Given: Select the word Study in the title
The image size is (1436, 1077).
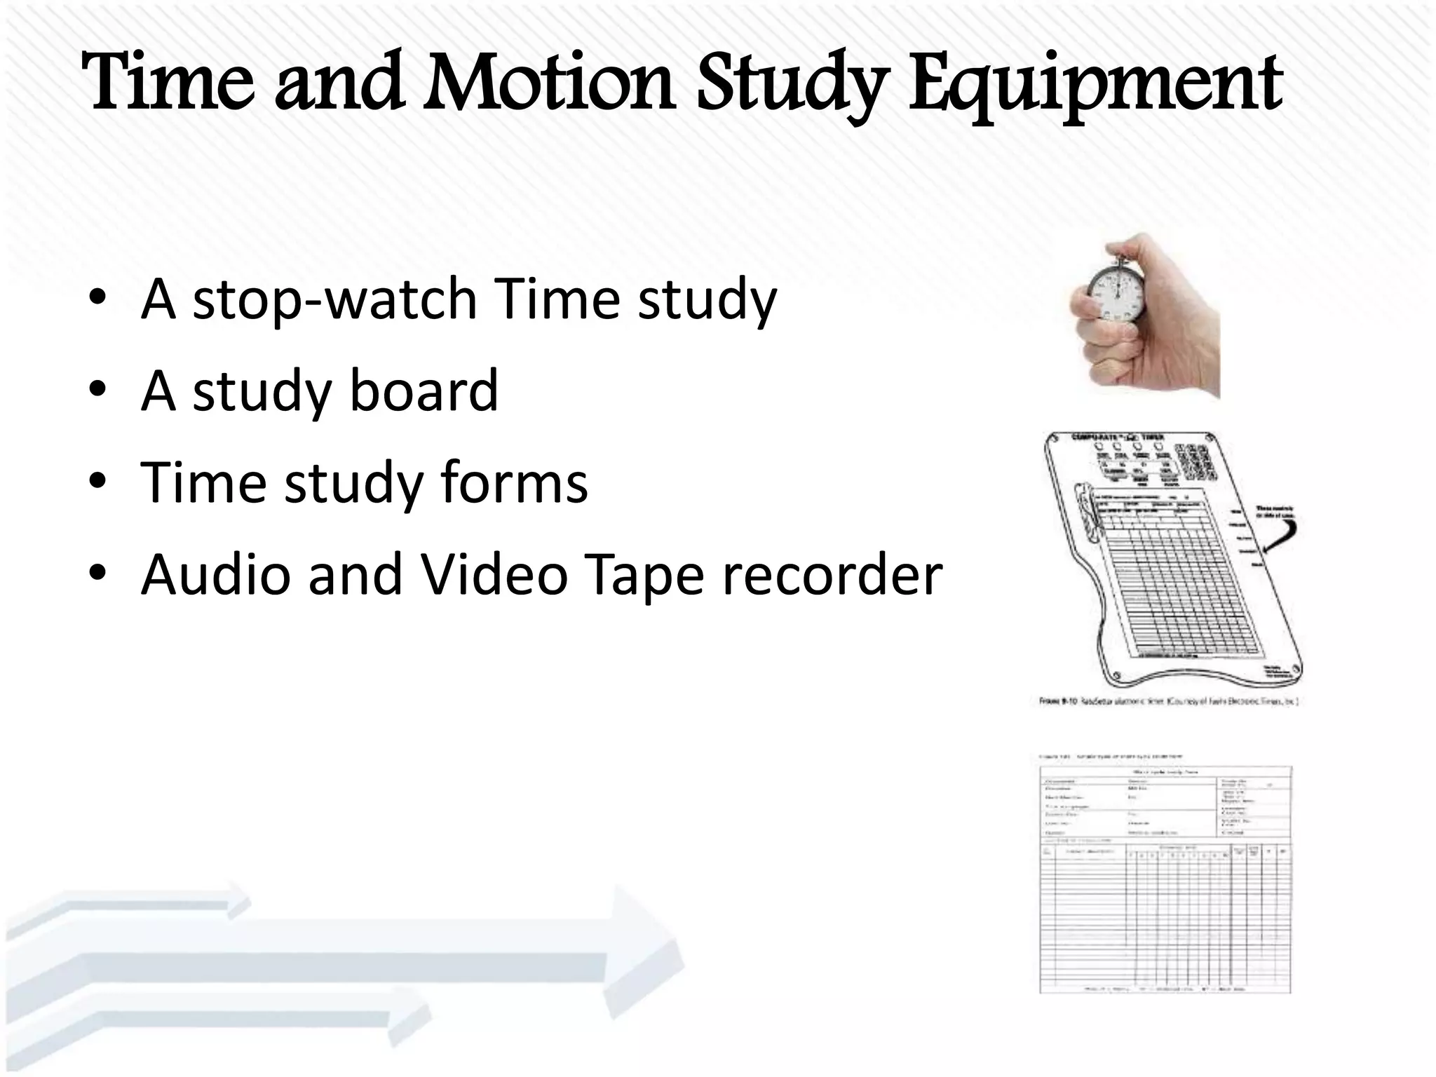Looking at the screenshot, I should coord(793,88).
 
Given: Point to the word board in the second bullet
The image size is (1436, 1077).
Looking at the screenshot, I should coord(424,390).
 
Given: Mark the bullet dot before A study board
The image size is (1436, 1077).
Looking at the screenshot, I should coord(97,388).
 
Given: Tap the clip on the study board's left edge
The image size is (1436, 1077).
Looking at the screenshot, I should coord(1085,512).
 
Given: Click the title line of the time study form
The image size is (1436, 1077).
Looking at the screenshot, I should coord(1164,772).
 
